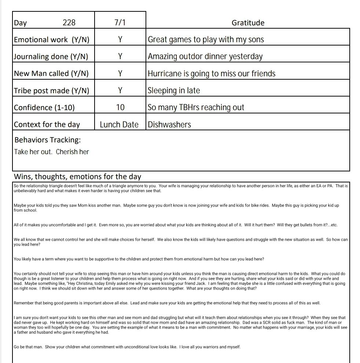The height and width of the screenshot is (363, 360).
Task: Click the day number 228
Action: point(69,23)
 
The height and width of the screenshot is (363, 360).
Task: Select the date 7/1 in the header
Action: point(120,22)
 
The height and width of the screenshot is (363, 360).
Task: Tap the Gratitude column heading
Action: point(248,23)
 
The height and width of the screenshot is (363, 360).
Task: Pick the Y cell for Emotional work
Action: point(120,40)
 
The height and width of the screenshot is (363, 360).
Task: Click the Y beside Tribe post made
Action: point(120,90)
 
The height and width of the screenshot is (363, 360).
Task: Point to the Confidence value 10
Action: point(120,108)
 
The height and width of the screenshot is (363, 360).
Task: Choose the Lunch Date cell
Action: point(119,124)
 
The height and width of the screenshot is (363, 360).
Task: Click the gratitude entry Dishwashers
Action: point(169,124)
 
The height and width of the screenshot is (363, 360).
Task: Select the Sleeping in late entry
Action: point(174,90)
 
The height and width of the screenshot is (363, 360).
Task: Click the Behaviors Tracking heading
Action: point(47,140)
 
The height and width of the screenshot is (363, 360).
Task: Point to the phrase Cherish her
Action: point(73,152)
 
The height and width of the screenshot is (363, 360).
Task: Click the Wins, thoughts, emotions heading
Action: point(77,177)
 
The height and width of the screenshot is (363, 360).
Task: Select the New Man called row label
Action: point(51,73)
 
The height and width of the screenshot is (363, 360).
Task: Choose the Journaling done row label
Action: point(51,57)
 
